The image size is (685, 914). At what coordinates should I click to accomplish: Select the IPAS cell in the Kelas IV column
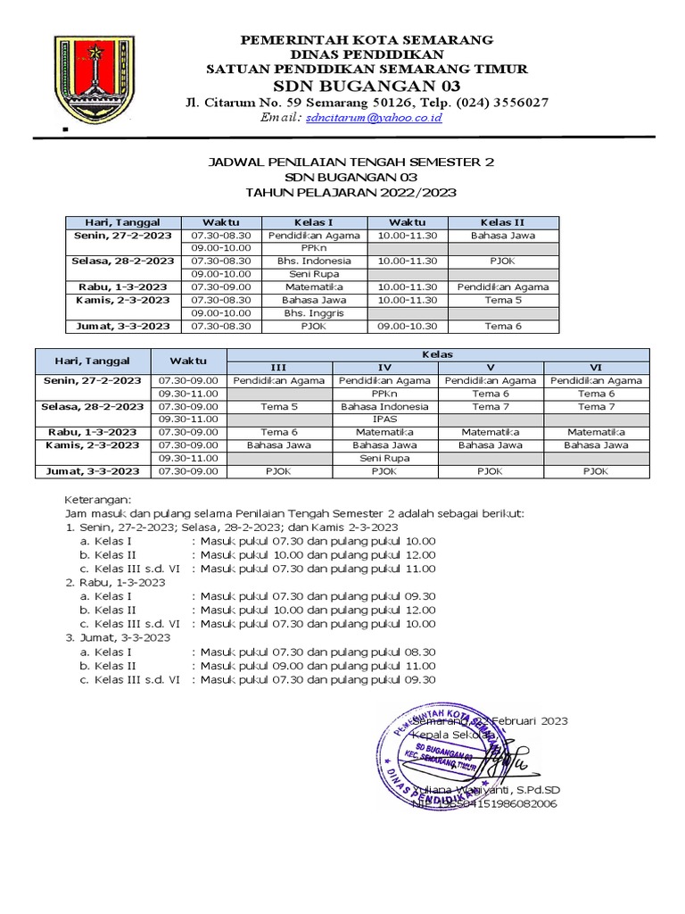click(384, 418)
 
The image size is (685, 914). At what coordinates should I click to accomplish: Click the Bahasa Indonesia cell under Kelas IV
click(384, 406)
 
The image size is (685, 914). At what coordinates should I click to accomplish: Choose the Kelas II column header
click(503, 221)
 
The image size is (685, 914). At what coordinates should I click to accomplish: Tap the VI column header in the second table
click(596, 367)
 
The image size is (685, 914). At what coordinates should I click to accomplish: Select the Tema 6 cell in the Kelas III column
click(279, 431)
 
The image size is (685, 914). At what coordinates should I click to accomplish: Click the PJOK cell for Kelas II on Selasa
click(503, 261)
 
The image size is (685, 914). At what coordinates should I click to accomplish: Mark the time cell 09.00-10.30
click(407, 327)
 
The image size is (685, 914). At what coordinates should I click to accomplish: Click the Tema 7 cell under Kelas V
click(491, 406)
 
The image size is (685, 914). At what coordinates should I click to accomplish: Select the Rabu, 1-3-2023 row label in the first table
click(121, 287)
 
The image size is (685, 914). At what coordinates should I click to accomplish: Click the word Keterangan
click(99, 501)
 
